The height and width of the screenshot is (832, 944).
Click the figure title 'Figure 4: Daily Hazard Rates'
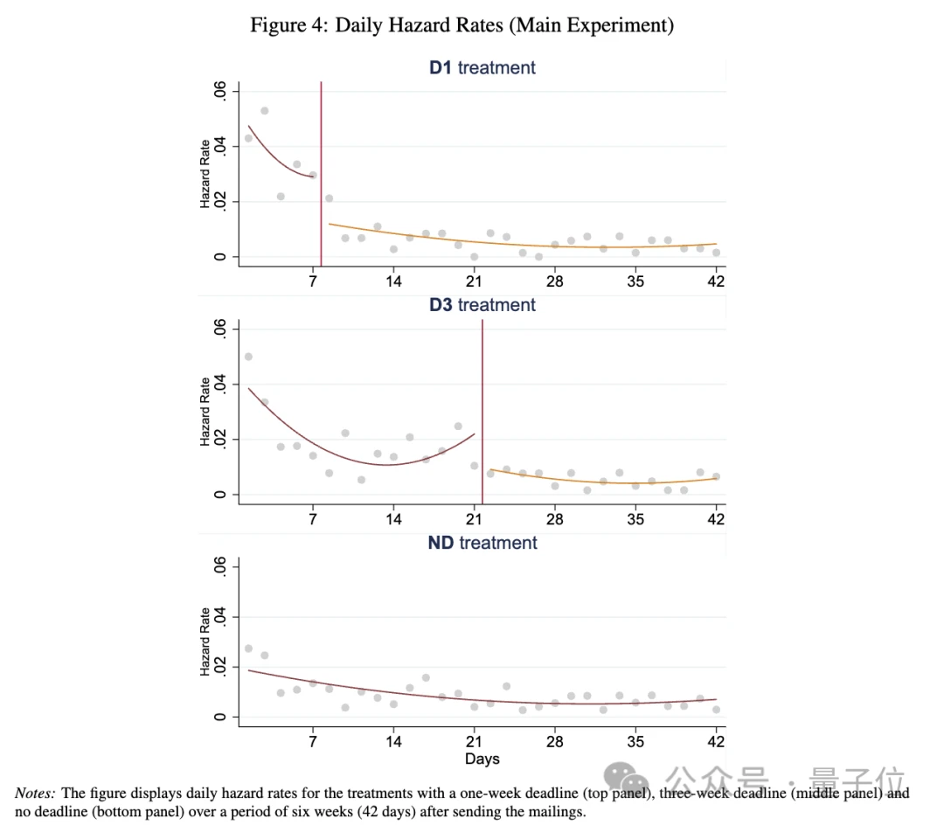462,25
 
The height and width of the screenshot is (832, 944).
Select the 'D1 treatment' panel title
482,67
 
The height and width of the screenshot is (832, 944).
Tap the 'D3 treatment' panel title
482,305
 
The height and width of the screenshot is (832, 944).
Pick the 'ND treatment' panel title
482,543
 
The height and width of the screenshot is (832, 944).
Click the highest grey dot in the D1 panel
264,111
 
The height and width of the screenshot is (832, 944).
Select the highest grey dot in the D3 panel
248,357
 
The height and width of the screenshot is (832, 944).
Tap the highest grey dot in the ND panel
248,648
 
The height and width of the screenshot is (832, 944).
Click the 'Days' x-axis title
482,759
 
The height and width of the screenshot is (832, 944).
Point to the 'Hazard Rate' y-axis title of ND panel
205,642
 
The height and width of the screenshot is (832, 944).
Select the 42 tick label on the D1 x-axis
716,281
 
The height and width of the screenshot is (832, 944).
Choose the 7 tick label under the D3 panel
313,519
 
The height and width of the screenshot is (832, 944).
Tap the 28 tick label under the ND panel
555,742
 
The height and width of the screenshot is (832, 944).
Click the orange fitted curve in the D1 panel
524,241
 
